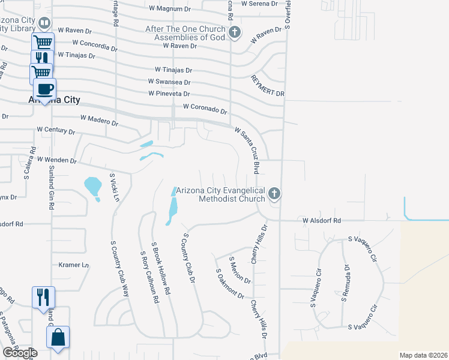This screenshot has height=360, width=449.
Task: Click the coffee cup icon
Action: (45, 89)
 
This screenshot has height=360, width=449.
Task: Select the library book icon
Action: (44, 23)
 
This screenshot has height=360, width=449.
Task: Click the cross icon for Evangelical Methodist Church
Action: (274, 193)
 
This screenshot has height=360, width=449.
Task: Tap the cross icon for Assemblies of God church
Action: (235, 32)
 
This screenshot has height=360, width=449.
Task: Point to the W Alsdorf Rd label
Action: (321, 221)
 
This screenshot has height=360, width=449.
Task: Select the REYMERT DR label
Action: (268, 86)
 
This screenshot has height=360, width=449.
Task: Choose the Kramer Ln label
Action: (73, 265)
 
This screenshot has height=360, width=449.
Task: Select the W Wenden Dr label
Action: (57, 160)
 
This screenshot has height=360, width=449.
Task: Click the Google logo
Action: (20, 353)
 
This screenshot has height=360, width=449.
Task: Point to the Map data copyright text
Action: (423, 355)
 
